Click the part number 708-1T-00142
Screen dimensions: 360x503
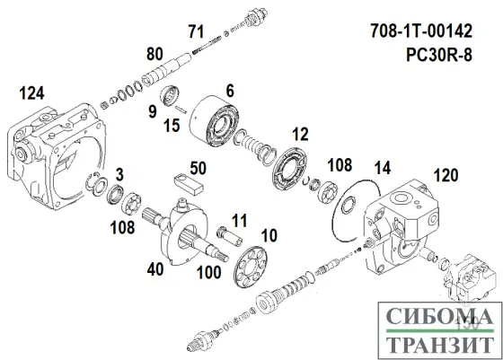point(434,32)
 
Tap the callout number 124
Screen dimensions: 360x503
point(31,92)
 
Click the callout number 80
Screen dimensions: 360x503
point(154,52)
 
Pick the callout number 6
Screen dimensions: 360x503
point(230,90)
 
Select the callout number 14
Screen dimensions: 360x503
point(382,168)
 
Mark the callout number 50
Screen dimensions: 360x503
point(198,167)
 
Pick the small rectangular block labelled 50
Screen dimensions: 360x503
point(190,185)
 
